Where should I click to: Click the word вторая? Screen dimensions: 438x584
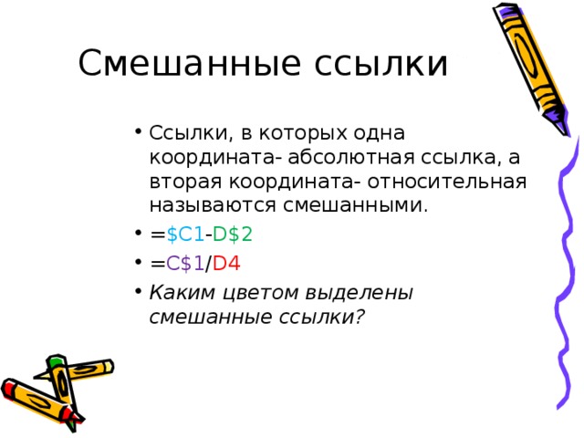pyautogui.click(x=180, y=180)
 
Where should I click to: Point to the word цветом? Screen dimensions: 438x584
pyautogui.click(x=242, y=293)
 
